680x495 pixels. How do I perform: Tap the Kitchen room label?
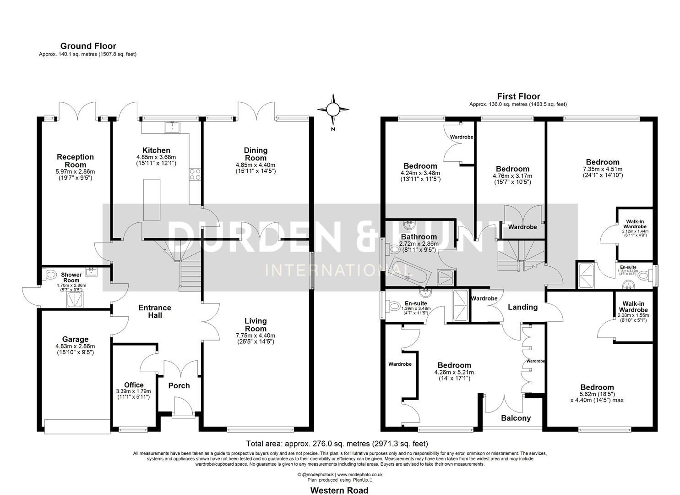click(x=156, y=150)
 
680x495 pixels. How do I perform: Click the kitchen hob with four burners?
click(x=195, y=174)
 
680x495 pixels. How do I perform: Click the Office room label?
click(x=134, y=385)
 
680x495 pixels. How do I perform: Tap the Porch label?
click(x=179, y=385)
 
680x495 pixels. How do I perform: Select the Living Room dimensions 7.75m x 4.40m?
click(x=255, y=335)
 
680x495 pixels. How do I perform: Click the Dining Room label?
click(x=256, y=154)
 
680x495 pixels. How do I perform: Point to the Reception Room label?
click(x=75, y=161)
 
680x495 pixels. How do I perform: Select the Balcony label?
click(x=516, y=418)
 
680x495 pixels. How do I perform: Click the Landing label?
click(x=522, y=307)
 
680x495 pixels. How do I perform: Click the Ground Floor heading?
click(x=88, y=46)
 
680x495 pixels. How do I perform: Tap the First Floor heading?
click(x=518, y=96)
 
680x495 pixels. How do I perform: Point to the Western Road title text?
click(x=339, y=490)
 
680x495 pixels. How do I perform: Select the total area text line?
click(x=337, y=443)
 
